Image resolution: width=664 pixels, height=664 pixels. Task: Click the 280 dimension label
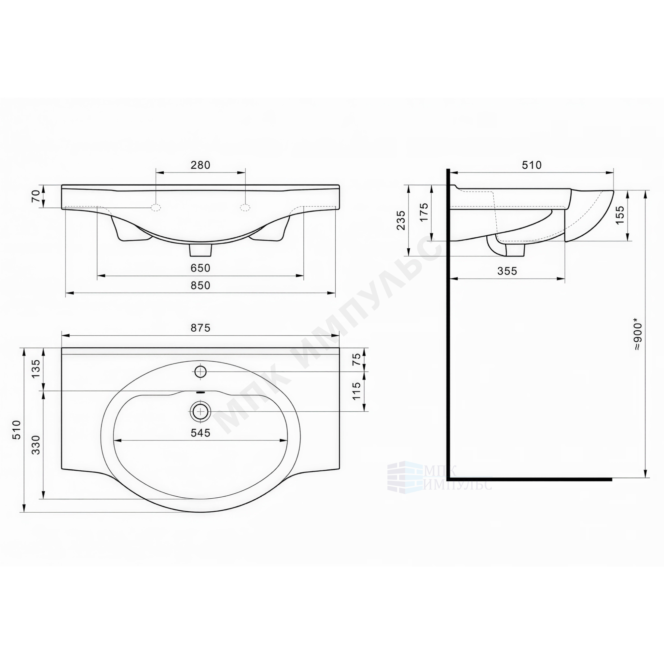coord(201,165)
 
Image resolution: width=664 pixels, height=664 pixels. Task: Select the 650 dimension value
coord(201,268)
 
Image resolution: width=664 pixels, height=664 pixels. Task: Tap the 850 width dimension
coord(201,285)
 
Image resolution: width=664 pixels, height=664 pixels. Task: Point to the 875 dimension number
coord(201,328)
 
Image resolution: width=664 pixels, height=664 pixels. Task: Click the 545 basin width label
coord(201,433)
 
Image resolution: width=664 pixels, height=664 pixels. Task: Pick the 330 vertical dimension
coord(36,445)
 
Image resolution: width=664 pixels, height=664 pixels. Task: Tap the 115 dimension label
coord(357,391)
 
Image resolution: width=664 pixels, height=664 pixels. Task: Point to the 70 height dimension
coord(36,196)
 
